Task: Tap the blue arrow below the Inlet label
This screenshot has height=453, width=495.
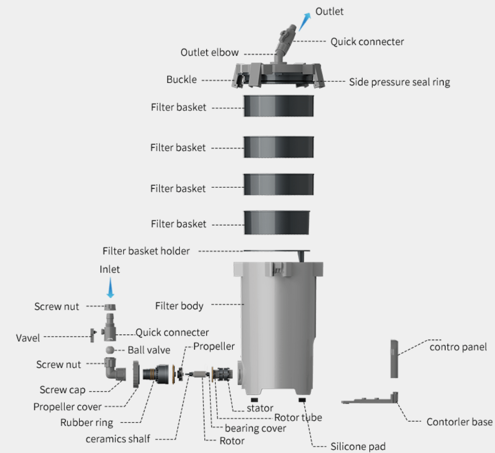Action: (x=110, y=289)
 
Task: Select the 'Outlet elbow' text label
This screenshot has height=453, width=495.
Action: (x=209, y=52)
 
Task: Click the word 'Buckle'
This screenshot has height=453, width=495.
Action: (x=181, y=79)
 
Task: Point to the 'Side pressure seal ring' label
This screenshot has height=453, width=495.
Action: (x=399, y=82)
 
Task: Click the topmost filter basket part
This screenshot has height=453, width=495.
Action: (x=278, y=106)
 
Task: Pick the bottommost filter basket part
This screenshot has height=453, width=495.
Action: (x=278, y=222)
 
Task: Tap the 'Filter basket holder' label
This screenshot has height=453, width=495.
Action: (x=146, y=251)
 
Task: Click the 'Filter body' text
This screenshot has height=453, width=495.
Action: (x=179, y=305)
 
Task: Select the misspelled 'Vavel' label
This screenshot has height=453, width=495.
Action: (x=28, y=338)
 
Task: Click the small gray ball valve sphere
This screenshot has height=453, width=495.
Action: (x=111, y=350)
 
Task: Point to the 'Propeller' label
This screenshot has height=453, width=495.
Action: (x=214, y=346)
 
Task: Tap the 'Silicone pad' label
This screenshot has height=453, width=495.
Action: (x=358, y=446)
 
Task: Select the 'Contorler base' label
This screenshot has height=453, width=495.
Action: (x=459, y=422)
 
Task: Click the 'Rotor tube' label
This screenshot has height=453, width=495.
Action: (x=298, y=417)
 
